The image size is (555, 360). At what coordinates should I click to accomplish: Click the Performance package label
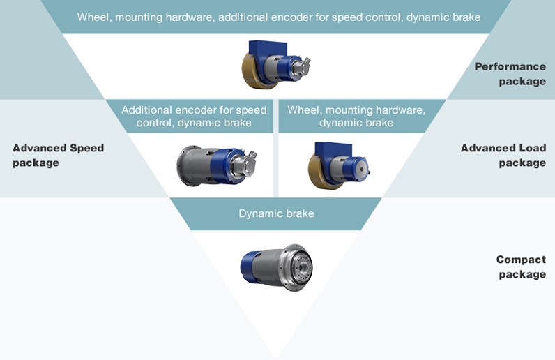tap(510, 74)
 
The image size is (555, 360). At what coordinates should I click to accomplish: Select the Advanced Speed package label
tap(58, 155)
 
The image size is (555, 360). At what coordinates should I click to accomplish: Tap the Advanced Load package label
tap(503, 155)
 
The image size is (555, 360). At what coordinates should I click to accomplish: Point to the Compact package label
tap(521, 267)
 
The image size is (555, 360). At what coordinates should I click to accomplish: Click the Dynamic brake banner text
tap(276, 213)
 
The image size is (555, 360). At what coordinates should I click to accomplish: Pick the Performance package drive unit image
tap(276, 64)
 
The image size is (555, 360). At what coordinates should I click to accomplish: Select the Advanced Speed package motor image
tap(217, 165)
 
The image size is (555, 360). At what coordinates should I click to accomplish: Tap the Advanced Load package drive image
tap(339, 165)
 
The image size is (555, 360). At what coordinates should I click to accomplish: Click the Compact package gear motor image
tap(276, 267)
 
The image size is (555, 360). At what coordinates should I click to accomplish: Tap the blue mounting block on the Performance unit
tap(268, 50)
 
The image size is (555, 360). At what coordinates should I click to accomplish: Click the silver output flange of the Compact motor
tap(297, 267)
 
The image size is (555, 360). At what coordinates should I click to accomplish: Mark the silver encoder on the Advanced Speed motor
tap(245, 161)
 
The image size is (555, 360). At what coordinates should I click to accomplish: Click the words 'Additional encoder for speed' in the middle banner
tap(194, 110)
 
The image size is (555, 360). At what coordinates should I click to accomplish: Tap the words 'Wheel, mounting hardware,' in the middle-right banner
tap(356, 110)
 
